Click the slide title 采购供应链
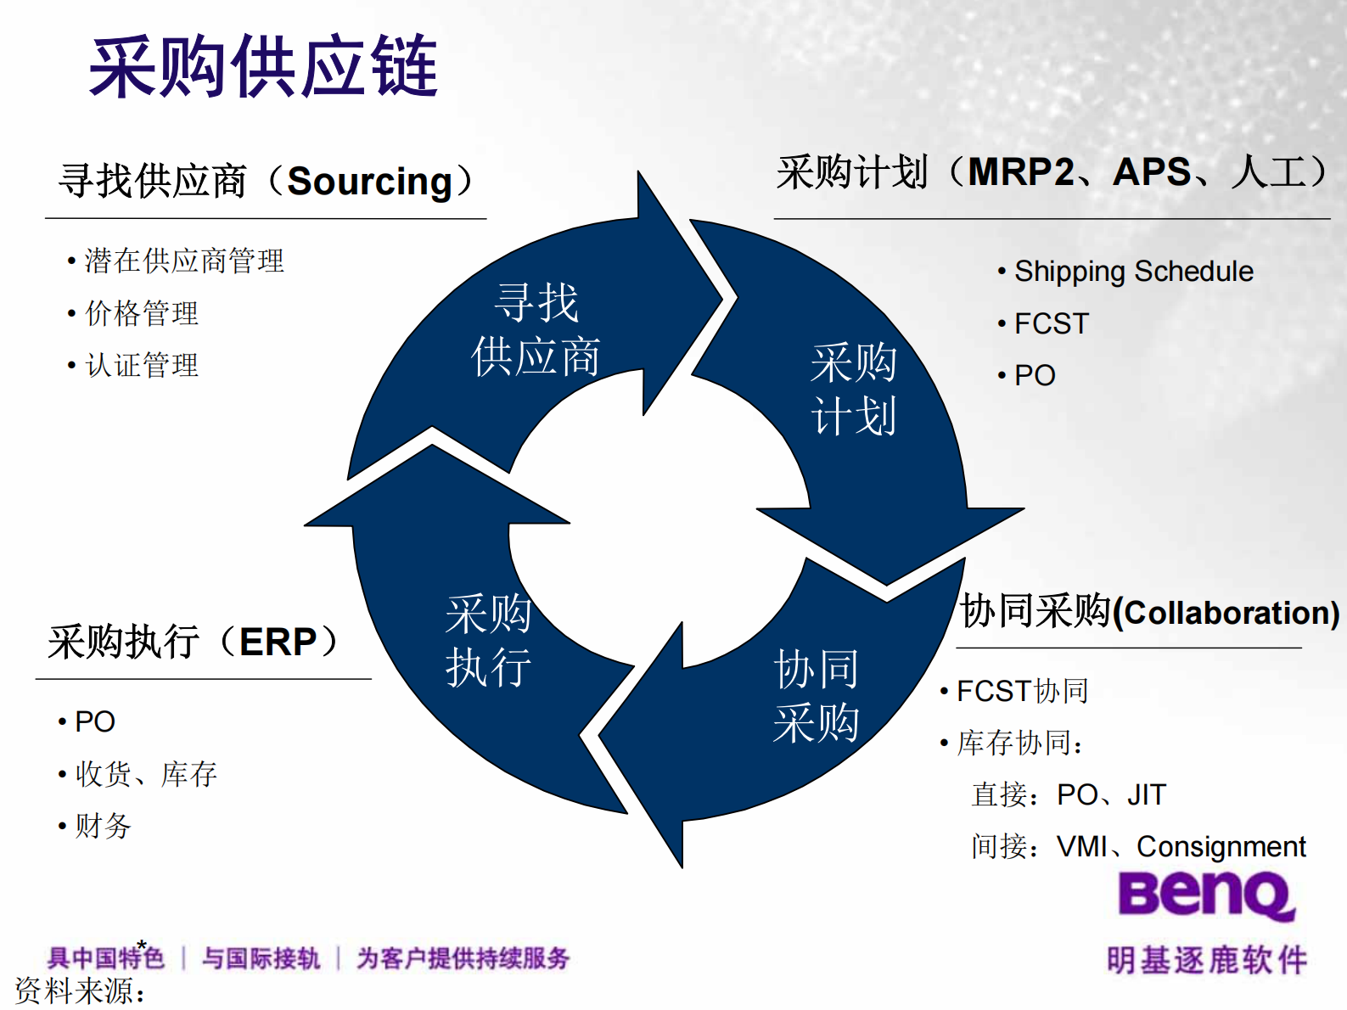(x=263, y=66)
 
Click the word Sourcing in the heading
(x=369, y=181)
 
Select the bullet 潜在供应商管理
(x=184, y=261)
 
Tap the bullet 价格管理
(x=142, y=313)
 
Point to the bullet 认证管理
(x=142, y=366)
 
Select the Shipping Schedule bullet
(x=1133, y=272)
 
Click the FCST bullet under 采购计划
(x=1051, y=323)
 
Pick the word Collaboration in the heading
(x=1226, y=613)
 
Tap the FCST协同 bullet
(x=1022, y=691)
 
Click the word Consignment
(x=1221, y=846)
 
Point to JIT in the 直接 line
(x=1146, y=794)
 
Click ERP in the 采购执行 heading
(x=278, y=642)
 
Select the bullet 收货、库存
(x=146, y=773)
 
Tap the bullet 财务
(x=103, y=826)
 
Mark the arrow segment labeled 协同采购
(x=815, y=696)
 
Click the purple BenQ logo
(x=1205, y=895)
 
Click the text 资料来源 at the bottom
(x=80, y=990)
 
